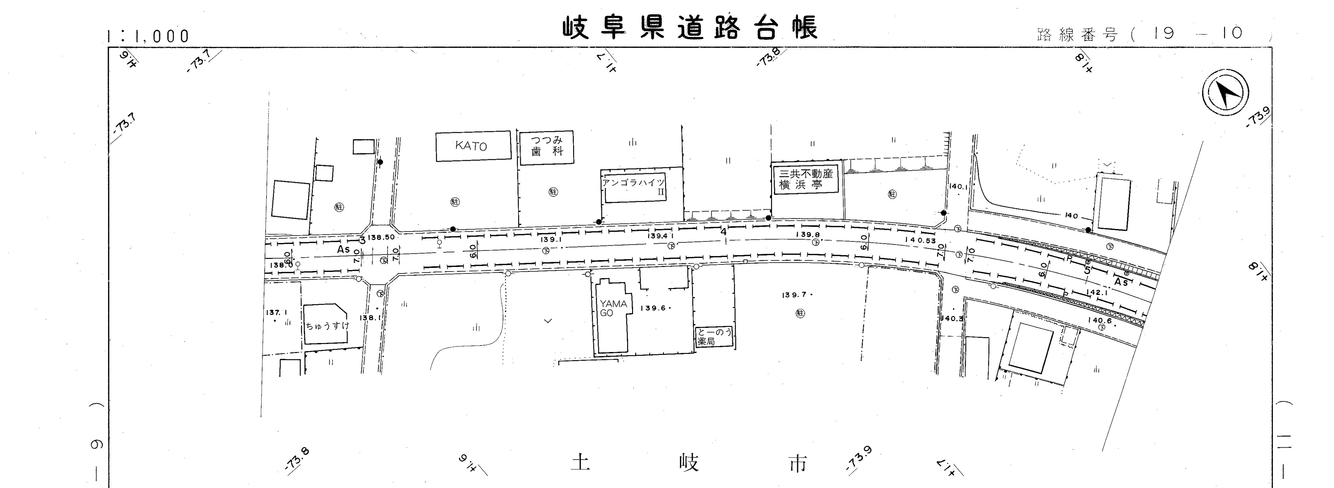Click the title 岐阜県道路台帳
690,29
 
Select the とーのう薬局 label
714,337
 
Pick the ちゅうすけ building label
327,326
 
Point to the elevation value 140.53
920,240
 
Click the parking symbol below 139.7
801,314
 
